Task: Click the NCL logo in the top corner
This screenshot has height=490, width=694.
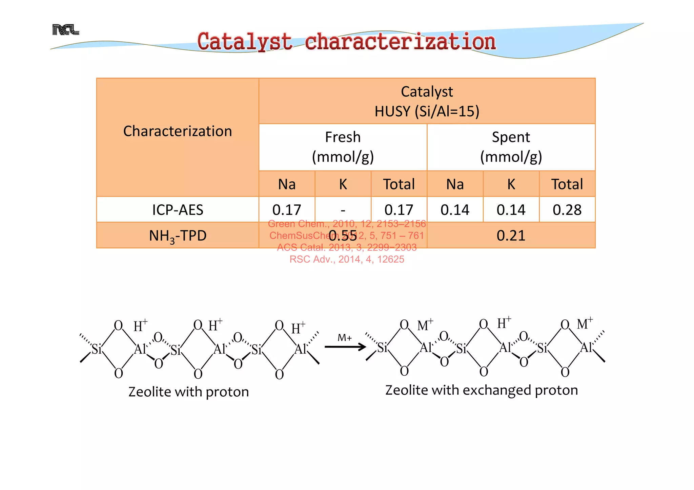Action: tap(65, 30)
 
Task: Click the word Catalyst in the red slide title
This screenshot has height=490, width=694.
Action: tap(244, 42)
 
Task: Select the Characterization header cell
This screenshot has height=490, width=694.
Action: tap(178, 131)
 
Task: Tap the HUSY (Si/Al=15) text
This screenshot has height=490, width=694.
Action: tap(427, 111)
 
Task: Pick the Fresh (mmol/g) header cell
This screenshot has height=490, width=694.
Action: tap(343, 147)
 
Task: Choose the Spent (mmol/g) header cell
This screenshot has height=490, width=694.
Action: tap(511, 147)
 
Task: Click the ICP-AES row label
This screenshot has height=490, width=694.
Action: tap(178, 210)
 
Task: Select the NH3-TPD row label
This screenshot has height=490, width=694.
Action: tap(178, 236)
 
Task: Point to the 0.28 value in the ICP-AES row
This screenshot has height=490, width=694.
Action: tap(567, 210)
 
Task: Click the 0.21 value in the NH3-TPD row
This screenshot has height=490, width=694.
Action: tap(511, 236)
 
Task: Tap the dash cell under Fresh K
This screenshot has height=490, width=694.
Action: tap(343, 210)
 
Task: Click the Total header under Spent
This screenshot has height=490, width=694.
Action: tap(567, 184)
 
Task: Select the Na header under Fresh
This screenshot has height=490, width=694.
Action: tap(287, 184)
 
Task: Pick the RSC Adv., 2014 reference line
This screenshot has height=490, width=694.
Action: tap(347, 259)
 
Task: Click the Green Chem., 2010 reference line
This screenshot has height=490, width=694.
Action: tap(347, 224)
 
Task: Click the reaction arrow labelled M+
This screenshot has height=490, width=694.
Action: tap(345, 347)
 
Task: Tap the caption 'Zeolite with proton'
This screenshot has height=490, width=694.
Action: tap(188, 392)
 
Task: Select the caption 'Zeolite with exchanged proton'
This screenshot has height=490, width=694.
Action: tap(481, 390)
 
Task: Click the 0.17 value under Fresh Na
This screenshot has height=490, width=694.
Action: tap(287, 210)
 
